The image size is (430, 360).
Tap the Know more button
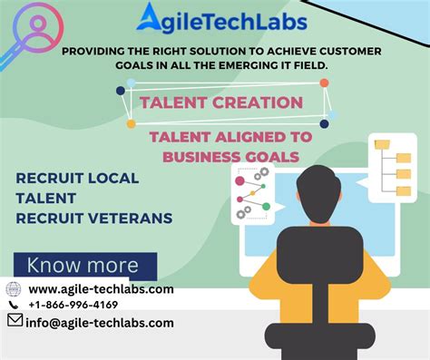[x=83, y=266]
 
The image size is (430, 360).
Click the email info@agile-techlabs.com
[x=101, y=322]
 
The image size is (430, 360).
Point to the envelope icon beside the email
[x=15, y=321]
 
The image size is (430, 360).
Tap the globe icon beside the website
[x=14, y=289]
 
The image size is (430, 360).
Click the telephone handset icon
[x=14, y=306]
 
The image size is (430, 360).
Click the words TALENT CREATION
[x=221, y=102]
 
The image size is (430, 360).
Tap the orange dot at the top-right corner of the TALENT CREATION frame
[x=324, y=83]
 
